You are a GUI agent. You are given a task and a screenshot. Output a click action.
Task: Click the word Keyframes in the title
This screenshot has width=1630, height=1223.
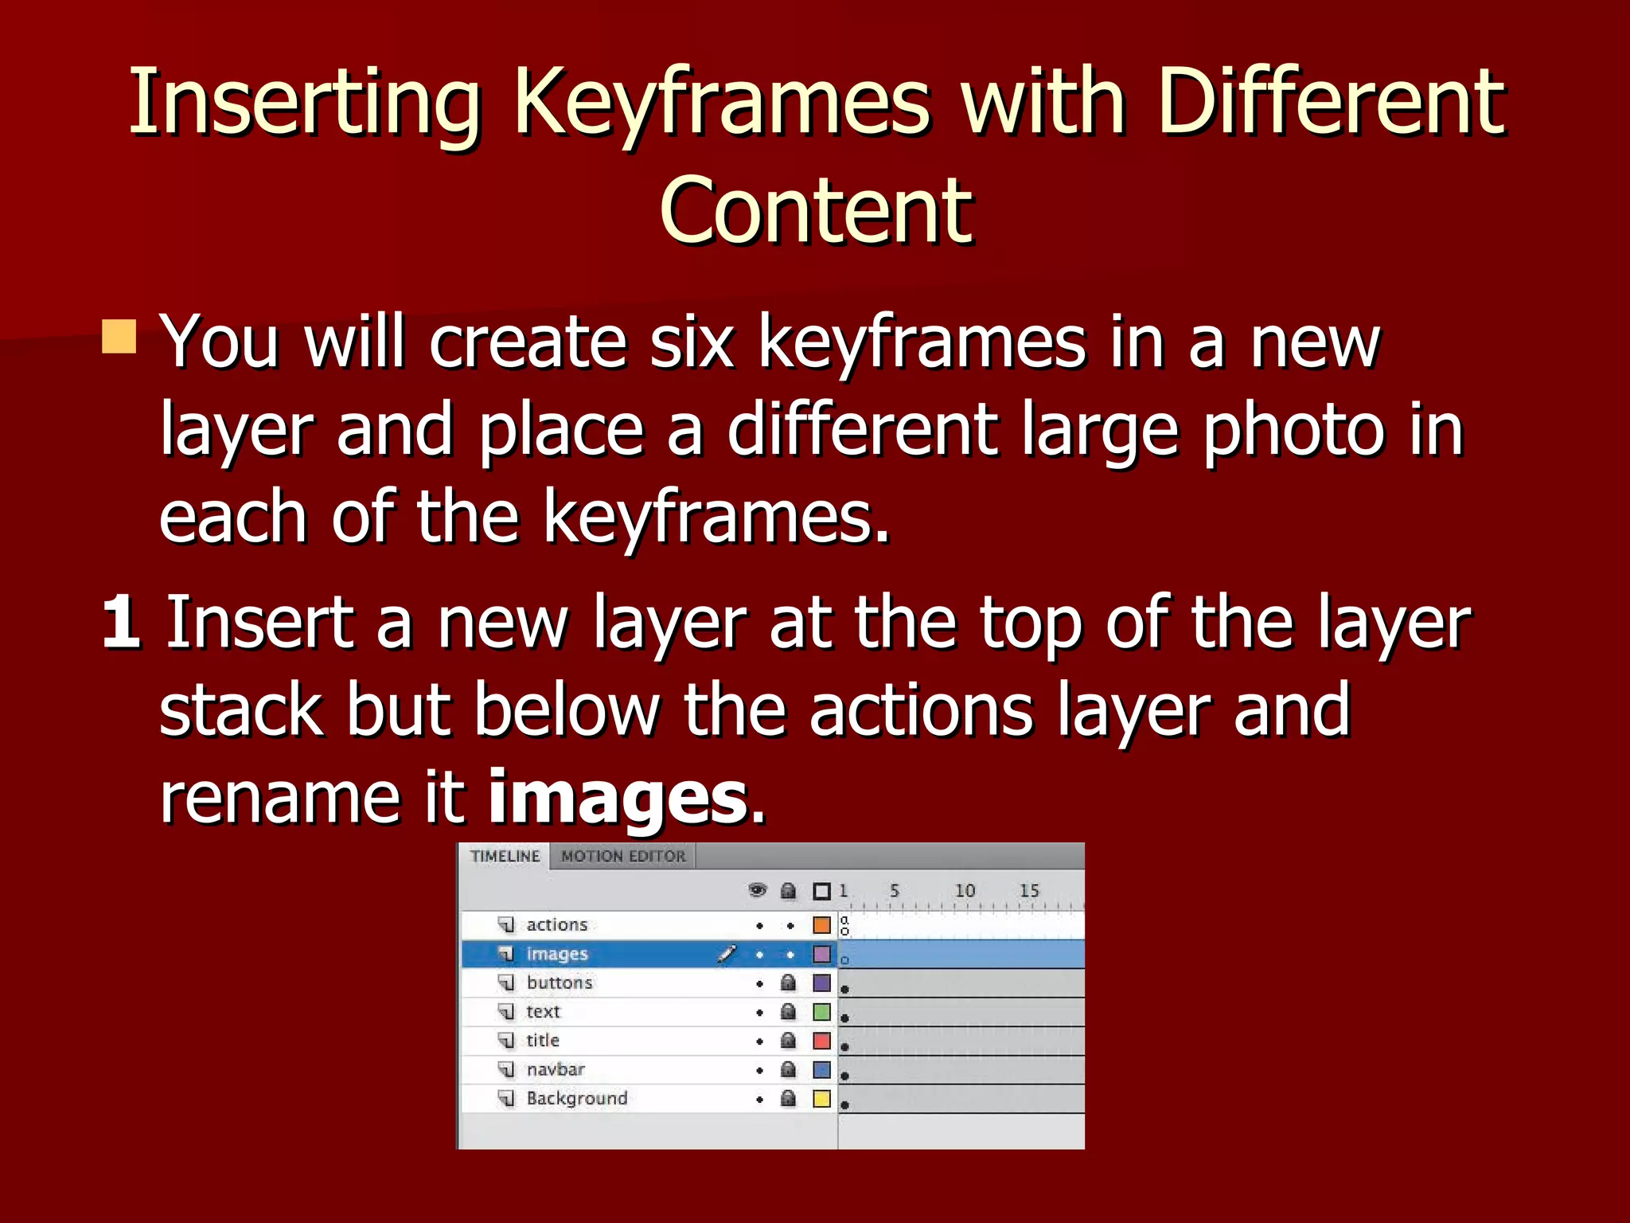[x=720, y=104]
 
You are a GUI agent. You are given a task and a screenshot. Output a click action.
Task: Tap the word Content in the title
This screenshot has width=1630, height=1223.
[x=816, y=211]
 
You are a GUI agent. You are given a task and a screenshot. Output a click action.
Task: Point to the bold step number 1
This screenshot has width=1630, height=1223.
[x=121, y=623]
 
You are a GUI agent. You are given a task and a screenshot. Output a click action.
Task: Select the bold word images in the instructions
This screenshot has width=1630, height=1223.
[x=618, y=798]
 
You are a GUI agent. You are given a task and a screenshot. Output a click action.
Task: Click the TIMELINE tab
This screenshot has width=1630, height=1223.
[x=505, y=857]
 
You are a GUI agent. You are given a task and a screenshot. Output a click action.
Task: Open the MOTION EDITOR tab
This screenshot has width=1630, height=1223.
[x=623, y=857]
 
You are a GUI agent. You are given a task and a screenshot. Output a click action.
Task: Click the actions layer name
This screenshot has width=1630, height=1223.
[x=556, y=924]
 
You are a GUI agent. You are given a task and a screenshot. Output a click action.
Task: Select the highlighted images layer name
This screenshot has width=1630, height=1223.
[x=556, y=954]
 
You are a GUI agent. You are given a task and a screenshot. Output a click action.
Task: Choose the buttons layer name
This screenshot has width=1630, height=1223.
[x=559, y=983]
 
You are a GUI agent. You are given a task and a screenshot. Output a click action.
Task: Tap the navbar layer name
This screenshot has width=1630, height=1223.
[x=555, y=1069]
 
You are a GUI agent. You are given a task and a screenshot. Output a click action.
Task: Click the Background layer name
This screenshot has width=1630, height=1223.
[x=576, y=1099]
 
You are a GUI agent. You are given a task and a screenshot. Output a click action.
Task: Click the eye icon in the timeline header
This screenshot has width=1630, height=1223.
[x=758, y=890]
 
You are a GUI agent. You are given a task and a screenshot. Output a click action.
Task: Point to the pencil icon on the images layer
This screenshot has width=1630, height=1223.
[x=726, y=953]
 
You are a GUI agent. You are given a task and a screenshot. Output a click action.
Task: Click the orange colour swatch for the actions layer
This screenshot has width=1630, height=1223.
[x=821, y=925]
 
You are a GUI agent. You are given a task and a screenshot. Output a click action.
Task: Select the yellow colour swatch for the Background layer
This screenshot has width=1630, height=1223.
[x=821, y=1099]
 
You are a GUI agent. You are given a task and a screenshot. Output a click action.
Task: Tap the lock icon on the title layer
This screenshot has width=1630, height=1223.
[x=788, y=1041]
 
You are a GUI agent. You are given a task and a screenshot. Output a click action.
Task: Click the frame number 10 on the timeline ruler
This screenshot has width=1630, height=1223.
[x=965, y=890]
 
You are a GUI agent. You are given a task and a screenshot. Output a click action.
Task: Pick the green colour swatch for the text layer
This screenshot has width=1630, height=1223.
[x=821, y=1012]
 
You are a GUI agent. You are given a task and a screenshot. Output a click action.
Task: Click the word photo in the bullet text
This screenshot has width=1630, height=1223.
[x=1294, y=431]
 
